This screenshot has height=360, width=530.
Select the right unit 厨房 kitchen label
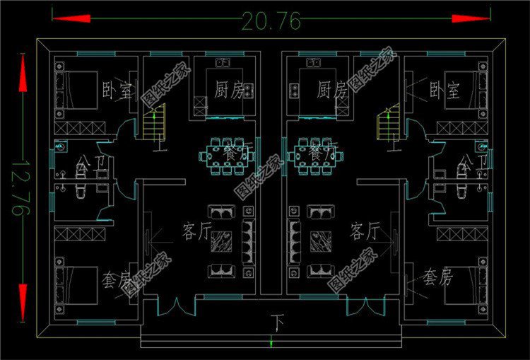[x=332, y=90]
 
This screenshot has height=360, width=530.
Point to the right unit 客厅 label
[x=365, y=231]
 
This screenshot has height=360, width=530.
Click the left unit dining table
[x=225, y=156]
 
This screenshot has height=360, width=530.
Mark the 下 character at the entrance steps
[x=276, y=324]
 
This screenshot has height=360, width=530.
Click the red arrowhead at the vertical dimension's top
[x=22, y=78]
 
